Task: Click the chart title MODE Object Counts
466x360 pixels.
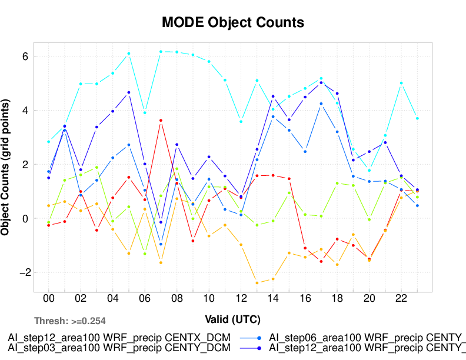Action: point(233,22)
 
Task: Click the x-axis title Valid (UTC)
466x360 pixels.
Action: point(232,319)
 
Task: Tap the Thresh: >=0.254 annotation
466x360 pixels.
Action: point(70,321)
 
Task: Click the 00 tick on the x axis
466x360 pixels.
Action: point(49,299)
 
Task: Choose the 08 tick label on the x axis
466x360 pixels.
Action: point(176,299)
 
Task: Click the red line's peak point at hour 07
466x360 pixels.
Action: point(161,121)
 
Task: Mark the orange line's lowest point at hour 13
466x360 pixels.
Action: point(257,283)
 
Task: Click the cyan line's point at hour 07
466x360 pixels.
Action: point(161,52)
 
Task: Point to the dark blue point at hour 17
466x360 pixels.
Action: point(321,83)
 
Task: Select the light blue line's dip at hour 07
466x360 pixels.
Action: point(161,244)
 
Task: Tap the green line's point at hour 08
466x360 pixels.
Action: point(177,169)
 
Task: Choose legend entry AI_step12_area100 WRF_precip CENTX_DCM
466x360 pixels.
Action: point(118,338)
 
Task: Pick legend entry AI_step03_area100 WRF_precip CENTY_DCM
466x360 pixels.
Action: point(118,348)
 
